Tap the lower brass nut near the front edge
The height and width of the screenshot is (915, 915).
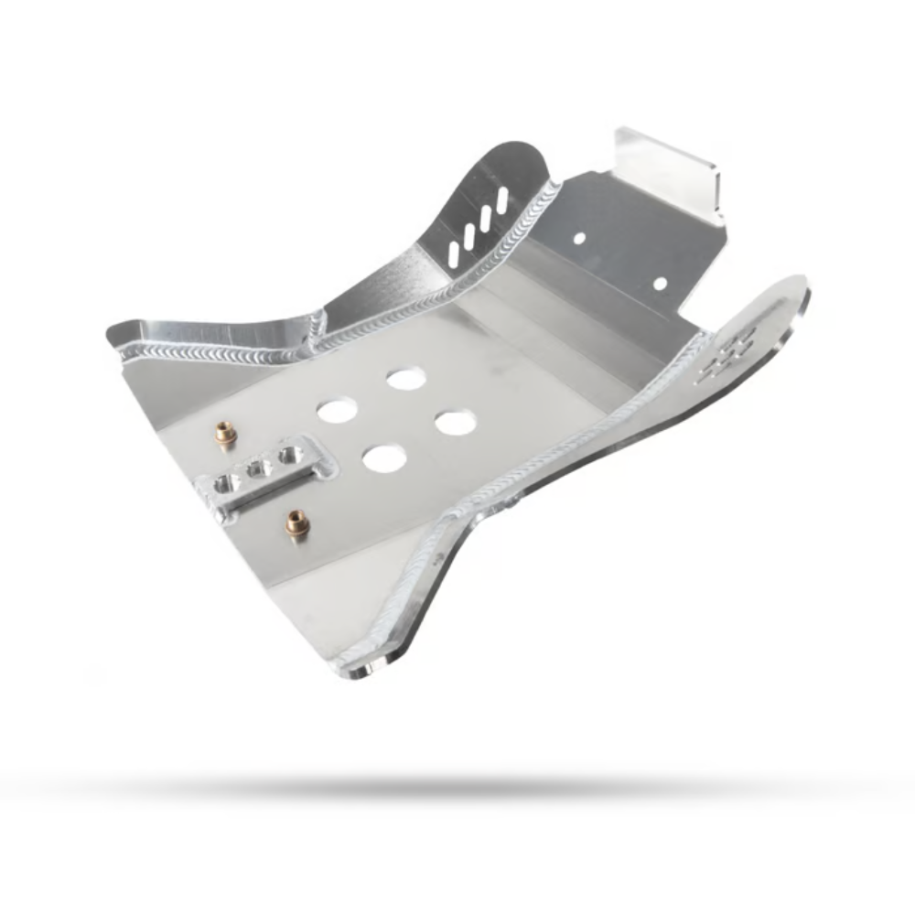coord(295,522)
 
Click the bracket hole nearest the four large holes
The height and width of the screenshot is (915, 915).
coord(291,453)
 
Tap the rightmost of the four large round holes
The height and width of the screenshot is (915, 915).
coord(455,422)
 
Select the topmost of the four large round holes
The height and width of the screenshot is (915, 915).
coord(405,377)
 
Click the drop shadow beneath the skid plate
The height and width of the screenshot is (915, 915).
coord(457,787)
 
